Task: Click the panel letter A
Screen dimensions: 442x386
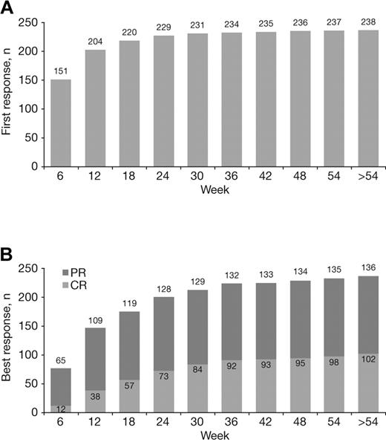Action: pyautogui.click(x=8, y=9)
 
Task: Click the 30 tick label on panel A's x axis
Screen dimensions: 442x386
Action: pyautogui.click(x=201, y=178)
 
